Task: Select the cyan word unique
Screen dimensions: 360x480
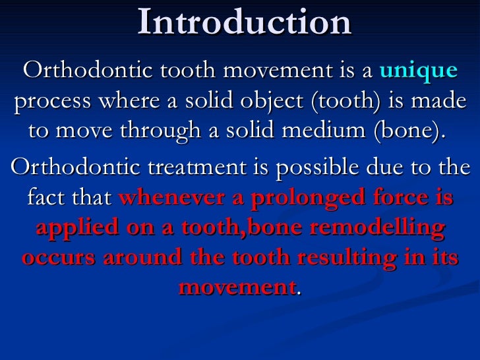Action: click(x=419, y=71)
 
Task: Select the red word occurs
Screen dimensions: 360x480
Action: click(x=57, y=257)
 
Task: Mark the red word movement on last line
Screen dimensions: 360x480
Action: click(x=238, y=287)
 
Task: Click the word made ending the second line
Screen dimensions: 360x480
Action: click(x=442, y=102)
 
